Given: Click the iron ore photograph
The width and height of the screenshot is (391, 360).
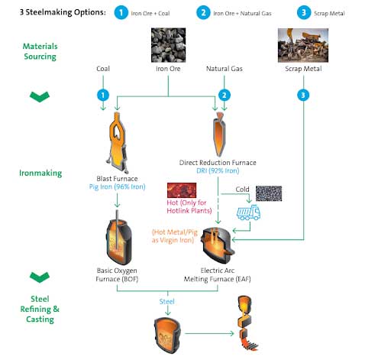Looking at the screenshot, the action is (x=168, y=45).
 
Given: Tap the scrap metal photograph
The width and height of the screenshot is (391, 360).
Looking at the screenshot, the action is (x=303, y=45).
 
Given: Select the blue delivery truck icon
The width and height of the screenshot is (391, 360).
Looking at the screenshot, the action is (x=248, y=212).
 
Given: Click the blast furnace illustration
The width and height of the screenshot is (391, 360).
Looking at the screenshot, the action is (x=117, y=143).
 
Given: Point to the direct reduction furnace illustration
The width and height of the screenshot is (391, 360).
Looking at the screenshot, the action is (x=219, y=135).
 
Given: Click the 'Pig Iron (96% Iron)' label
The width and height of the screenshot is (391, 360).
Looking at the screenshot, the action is (x=117, y=186).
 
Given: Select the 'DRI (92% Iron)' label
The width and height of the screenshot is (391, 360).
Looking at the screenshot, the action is (x=218, y=170).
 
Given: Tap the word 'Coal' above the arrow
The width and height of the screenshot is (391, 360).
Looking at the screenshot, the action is (x=103, y=69).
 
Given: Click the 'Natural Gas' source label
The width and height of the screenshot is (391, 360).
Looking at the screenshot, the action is (x=225, y=69).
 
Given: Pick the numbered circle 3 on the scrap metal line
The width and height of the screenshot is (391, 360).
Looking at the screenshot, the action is (x=303, y=96).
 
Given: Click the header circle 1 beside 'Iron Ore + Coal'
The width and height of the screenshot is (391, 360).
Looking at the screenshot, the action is (x=121, y=12).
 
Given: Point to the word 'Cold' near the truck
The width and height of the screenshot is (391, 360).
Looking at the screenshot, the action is (x=242, y=190).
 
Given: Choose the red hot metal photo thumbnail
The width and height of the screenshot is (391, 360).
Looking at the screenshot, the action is (x=182, y=190).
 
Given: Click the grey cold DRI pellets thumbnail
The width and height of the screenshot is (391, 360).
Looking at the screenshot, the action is (x=269, y=193).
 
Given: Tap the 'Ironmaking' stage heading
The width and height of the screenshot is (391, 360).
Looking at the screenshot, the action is (x=40, y=173).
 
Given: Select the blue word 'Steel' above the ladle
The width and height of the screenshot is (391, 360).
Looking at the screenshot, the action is (x=167, y=302).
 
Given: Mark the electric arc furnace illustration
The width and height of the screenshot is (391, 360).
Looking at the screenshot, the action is (x=218, y=245).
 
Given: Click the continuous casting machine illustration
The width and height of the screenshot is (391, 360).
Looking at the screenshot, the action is (x=247, y=323).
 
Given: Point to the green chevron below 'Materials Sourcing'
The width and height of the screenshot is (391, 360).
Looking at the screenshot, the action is (x=40, y=97).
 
